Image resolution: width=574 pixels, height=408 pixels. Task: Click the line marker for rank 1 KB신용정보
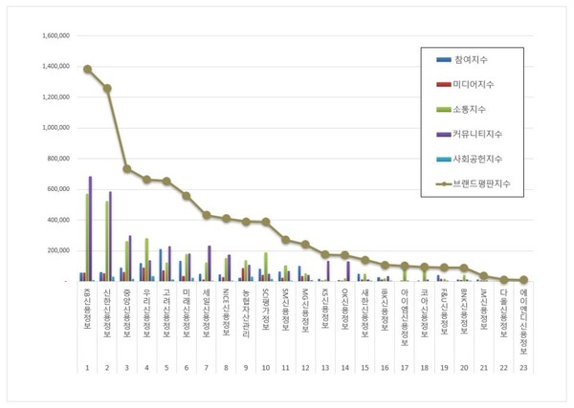[87, 69]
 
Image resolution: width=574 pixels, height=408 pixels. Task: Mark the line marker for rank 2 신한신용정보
[107, 88]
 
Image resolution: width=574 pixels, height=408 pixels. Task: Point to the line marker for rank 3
[127, 168]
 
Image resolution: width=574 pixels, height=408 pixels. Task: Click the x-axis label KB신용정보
[87, 308]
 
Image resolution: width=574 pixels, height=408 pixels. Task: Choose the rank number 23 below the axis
[522, 367]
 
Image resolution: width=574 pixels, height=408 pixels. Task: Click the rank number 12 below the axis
[305, 367]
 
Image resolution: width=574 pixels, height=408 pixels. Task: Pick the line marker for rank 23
[522, 280]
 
